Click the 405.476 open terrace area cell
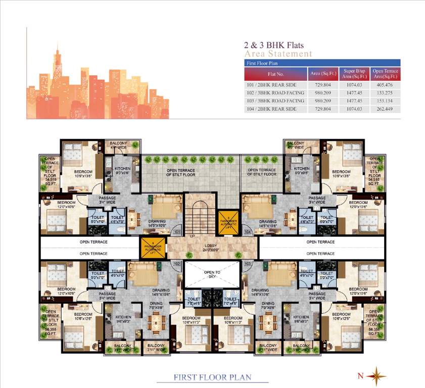[385, 85]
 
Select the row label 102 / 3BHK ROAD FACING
[276, 93]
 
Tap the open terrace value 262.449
[385, 109]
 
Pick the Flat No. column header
[276, 74]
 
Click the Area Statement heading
[278, 54]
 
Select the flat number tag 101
[177, 232]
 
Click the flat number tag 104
[247, 232]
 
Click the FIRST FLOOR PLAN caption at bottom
[213, 377]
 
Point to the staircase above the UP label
[199, 214]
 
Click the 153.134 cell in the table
[385, 101]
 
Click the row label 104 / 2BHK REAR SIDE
[276, 109]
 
